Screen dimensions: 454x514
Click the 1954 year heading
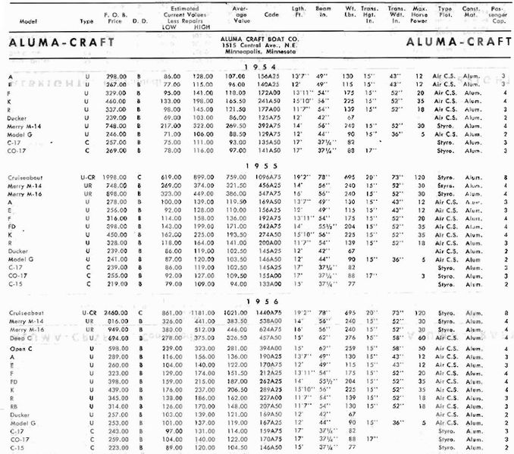point(258,67)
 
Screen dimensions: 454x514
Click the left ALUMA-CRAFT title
point(54,43)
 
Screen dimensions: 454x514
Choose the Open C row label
point(20,347)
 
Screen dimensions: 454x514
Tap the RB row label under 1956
point(12,405)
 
